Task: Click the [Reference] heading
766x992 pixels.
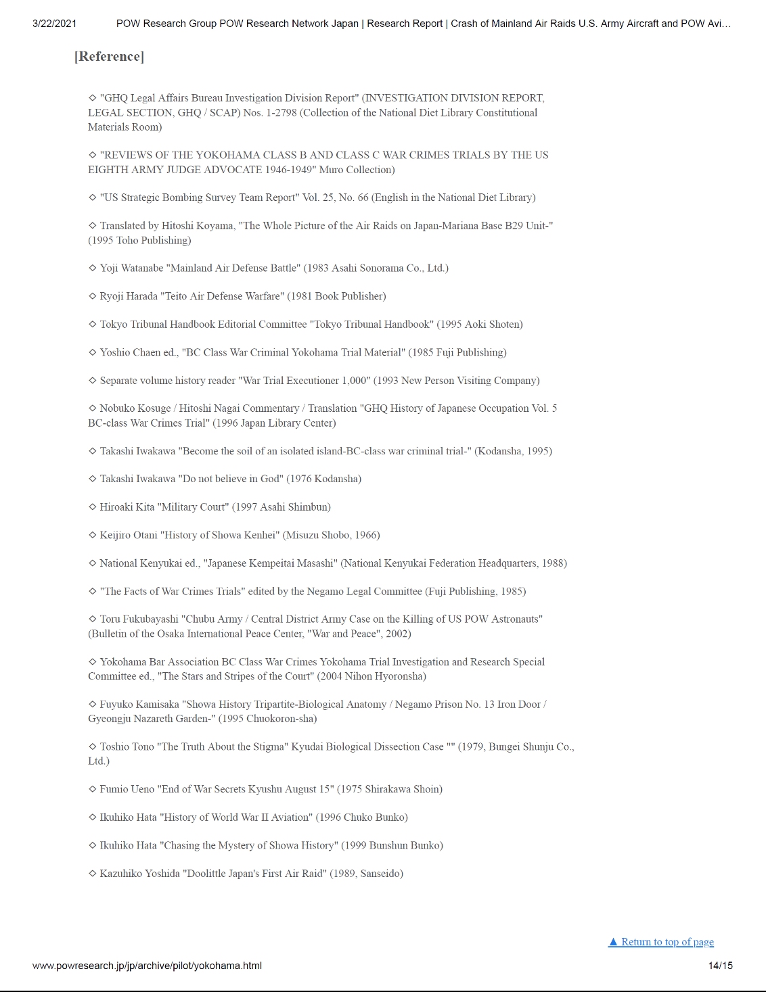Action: pyautogui.click(x=109, y=57)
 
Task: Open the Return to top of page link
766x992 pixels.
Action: pyautogui.click(x=661, y=942)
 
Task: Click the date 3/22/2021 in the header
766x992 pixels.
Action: pyautogui.click(x=54, y=24)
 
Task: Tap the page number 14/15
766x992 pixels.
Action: pyautogui.click(x=720, y=966)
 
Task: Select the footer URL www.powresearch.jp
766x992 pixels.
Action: pyautogui.click(x=147, y=966)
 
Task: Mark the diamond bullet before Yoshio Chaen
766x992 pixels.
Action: pyautogui.click(x=93, y=352)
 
